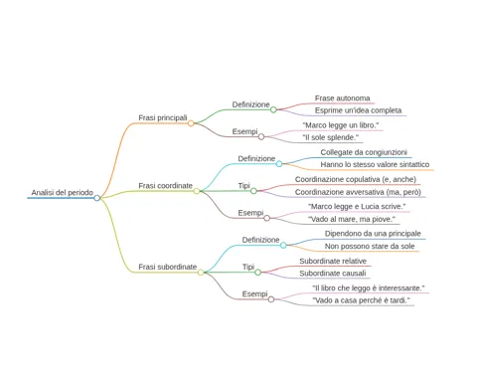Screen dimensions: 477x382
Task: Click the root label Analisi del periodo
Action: (63, 192)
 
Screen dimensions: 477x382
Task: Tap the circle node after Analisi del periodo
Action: (96, 198)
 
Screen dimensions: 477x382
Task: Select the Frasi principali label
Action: (163, 117)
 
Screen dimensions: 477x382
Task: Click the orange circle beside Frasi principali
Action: (191, 123)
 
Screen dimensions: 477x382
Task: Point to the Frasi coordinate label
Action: (165, 186)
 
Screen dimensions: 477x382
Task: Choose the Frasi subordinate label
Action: (168, 267)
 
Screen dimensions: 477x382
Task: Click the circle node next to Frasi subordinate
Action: (201, 273)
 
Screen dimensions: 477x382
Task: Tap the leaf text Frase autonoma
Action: (342, 98)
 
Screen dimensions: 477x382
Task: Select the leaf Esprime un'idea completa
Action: (358, 110)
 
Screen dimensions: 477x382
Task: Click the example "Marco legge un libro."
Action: (341, 125)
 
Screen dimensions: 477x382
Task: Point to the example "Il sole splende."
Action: (331, 137)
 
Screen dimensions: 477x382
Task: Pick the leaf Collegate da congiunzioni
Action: (364, 152)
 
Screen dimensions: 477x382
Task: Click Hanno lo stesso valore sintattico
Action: (375, 164)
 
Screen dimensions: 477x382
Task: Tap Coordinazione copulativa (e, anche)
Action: (356, 179)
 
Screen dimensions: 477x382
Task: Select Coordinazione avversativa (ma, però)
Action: (358, 192)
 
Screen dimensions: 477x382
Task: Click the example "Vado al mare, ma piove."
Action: (352, 219)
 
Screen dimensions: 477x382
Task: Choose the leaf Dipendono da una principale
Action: (373, 234)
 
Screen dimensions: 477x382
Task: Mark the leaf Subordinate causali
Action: (333, 274)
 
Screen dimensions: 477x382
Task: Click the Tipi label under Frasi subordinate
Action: (248, 267)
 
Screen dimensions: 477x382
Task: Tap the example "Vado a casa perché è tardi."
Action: (361, 300)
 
